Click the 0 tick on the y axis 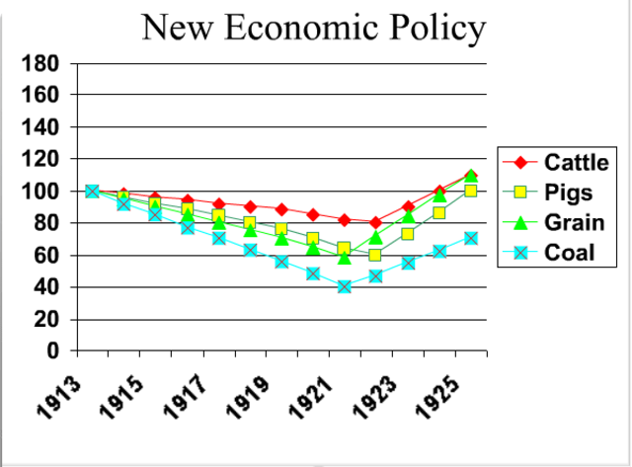(55, 351)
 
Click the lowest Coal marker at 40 (345, 286)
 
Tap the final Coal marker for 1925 (471, 238)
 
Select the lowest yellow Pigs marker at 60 (375, 255)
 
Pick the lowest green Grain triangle (345, 257)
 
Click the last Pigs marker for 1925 (471, 191)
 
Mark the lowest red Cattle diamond (375, 222)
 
